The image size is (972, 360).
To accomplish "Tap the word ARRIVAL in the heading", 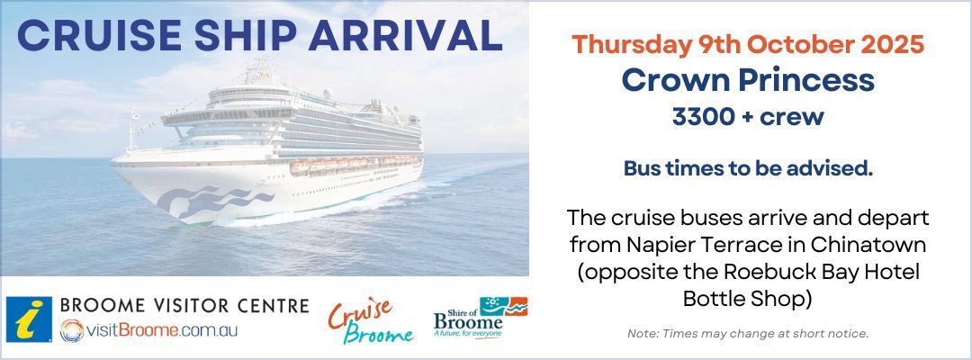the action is click(405, 35).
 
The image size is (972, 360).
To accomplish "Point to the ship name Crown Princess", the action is click(748, 80).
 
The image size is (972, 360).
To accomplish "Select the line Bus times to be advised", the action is click(748, 168).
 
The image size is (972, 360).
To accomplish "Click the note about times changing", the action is click(748, 333).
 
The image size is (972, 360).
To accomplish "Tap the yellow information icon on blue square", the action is click(29, 319).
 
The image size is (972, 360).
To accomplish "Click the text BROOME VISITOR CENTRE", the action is click(184, 305).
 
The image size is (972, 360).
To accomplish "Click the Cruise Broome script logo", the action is click(370, 321).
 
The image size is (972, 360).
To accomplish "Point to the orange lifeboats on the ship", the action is click(354, 164).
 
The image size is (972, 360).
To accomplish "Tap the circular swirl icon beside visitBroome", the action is click(72, 330).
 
